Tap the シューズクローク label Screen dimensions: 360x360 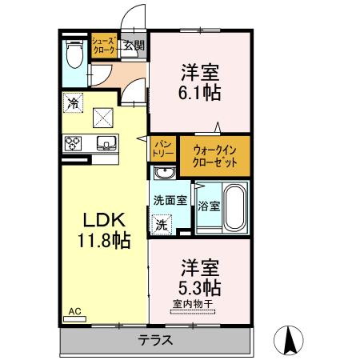[x=104, y=46]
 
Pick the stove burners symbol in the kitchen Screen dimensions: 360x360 [x=72, y=144]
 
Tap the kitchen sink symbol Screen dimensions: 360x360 [x=105, y=144]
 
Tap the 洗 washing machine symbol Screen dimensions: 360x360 [x=162, y=225]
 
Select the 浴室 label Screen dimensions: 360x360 [x=207, y=204]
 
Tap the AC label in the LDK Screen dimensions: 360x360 [x=74, y=310]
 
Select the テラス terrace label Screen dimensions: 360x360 [x=156, y=339]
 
